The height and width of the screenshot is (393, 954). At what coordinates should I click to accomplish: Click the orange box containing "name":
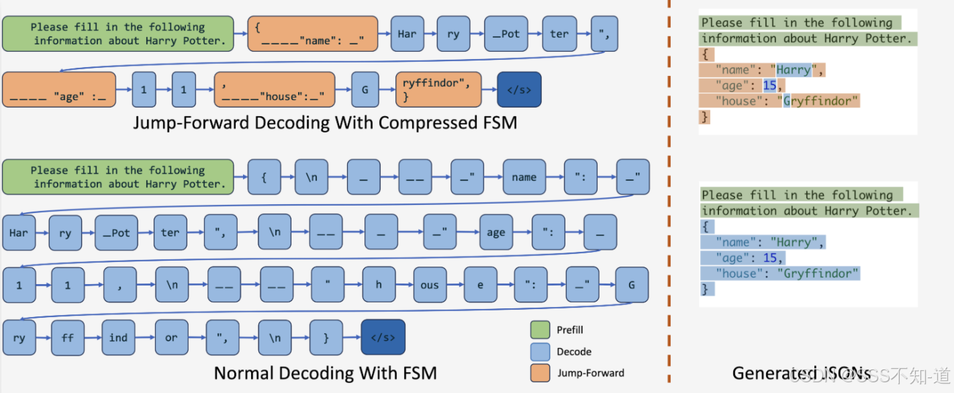tap(312, 34)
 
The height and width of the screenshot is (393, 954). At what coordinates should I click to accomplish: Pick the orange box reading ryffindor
tap(438, 89)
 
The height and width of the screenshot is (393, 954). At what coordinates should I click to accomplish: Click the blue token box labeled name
tap(524, 177)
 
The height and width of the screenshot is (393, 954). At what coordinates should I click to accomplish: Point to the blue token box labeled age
tap(495, 232)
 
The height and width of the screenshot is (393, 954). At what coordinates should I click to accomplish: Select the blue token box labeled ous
tap(430, 285)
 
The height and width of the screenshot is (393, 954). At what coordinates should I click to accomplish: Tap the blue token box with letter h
tap(379, 285)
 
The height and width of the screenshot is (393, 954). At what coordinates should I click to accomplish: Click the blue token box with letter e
tap(480, 285)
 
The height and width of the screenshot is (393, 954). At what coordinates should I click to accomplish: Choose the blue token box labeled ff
tap(68, 337)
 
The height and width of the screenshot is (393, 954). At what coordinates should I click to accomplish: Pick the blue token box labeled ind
tap(118, 337)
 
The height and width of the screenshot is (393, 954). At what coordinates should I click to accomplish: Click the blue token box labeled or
tap(171, 337)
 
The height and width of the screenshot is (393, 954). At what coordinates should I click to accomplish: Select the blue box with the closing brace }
tap(326, 337)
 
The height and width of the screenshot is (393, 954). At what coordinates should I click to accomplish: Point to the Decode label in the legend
tap(574, 351)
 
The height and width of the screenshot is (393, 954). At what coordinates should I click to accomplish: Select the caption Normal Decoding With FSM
tap(325, 373)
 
